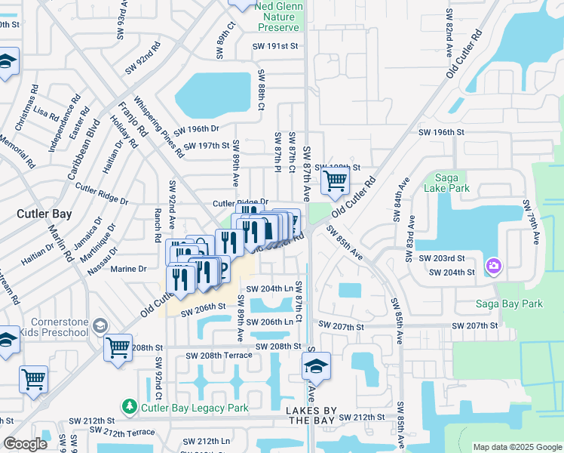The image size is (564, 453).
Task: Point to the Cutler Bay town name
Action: [x=44, y=214]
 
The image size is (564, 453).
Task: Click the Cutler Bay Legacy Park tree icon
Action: [x=129, y=407]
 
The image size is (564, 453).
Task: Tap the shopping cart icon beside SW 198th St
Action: [x=335, y=180]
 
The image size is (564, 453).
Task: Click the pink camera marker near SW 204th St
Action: [x=494, y=265]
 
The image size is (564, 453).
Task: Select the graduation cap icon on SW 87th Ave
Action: [x=316, y=367]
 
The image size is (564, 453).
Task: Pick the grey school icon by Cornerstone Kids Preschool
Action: [x=99, y=325]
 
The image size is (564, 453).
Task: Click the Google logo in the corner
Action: [x=25, y=444]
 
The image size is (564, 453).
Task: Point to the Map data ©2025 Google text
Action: [x=516, y=447]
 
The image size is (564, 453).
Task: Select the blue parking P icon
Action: [x=223, y=270]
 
